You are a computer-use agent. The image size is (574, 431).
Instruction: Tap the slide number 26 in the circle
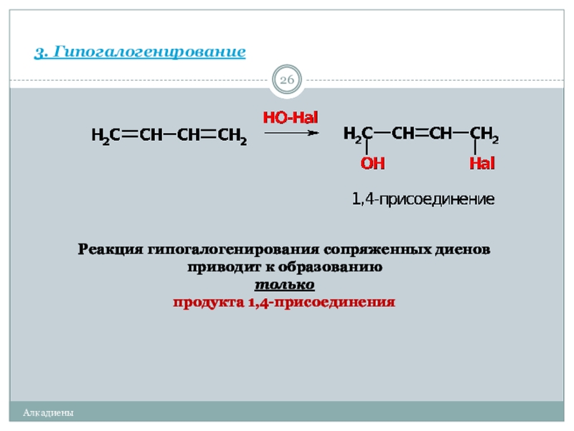(287, 80)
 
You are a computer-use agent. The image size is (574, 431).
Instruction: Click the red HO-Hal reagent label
(290, 117)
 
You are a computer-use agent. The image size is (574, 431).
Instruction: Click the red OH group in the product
(372, 164)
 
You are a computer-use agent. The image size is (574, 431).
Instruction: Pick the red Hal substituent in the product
(482, 164)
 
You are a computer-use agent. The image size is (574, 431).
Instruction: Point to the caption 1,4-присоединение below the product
(423, 199)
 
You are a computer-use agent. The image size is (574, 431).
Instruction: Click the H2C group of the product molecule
(358, 134)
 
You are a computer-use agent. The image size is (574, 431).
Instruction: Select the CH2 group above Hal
(484, 134)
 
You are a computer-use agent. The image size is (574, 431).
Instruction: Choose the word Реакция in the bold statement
(111, 250)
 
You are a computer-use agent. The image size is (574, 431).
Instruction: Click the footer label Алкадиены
(48, 413)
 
